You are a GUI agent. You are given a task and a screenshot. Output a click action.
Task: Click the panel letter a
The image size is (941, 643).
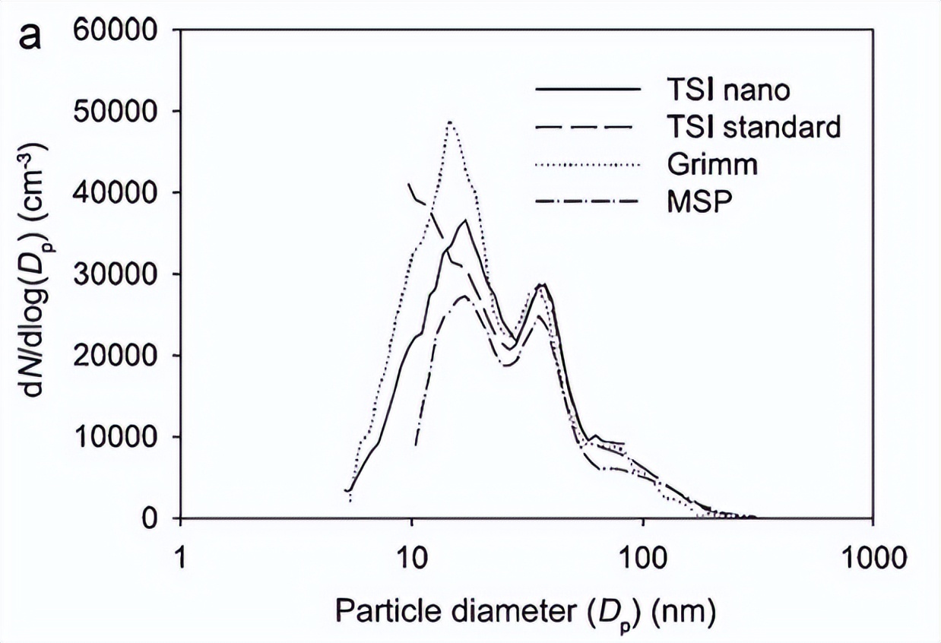pyautogui.click(x=30, y=35)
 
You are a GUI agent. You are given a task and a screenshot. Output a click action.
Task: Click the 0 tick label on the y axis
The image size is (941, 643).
pyautogui.click(x=154, y=519)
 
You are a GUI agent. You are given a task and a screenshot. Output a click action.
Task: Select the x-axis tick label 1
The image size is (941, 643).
pyautogui.click(x=180, y=558)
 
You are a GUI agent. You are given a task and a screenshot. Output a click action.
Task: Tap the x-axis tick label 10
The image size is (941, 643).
pyautogui.click(x=411, y=558)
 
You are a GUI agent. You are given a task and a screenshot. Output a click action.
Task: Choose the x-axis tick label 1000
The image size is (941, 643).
pyautogui.click(x=872, y=558)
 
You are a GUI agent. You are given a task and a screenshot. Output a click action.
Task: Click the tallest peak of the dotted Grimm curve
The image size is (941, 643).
pyautogui.click(x=450, y=122)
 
